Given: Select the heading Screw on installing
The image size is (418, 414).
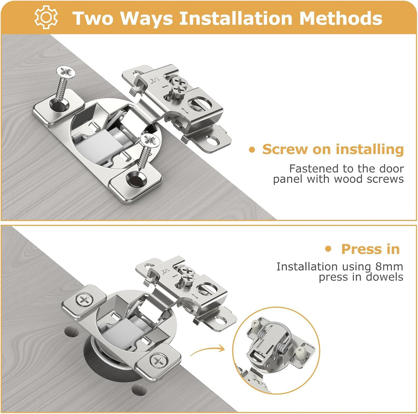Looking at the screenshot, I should click(x=333, y=149).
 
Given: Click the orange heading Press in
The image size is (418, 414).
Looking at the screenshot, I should click(x=370, y=249).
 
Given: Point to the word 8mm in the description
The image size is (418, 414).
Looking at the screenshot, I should click(x=389, y=267).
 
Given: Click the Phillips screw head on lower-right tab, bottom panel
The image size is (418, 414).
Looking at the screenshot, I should click(x=157, y=361).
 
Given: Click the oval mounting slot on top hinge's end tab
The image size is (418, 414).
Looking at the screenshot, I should click(x=212, y=141).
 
